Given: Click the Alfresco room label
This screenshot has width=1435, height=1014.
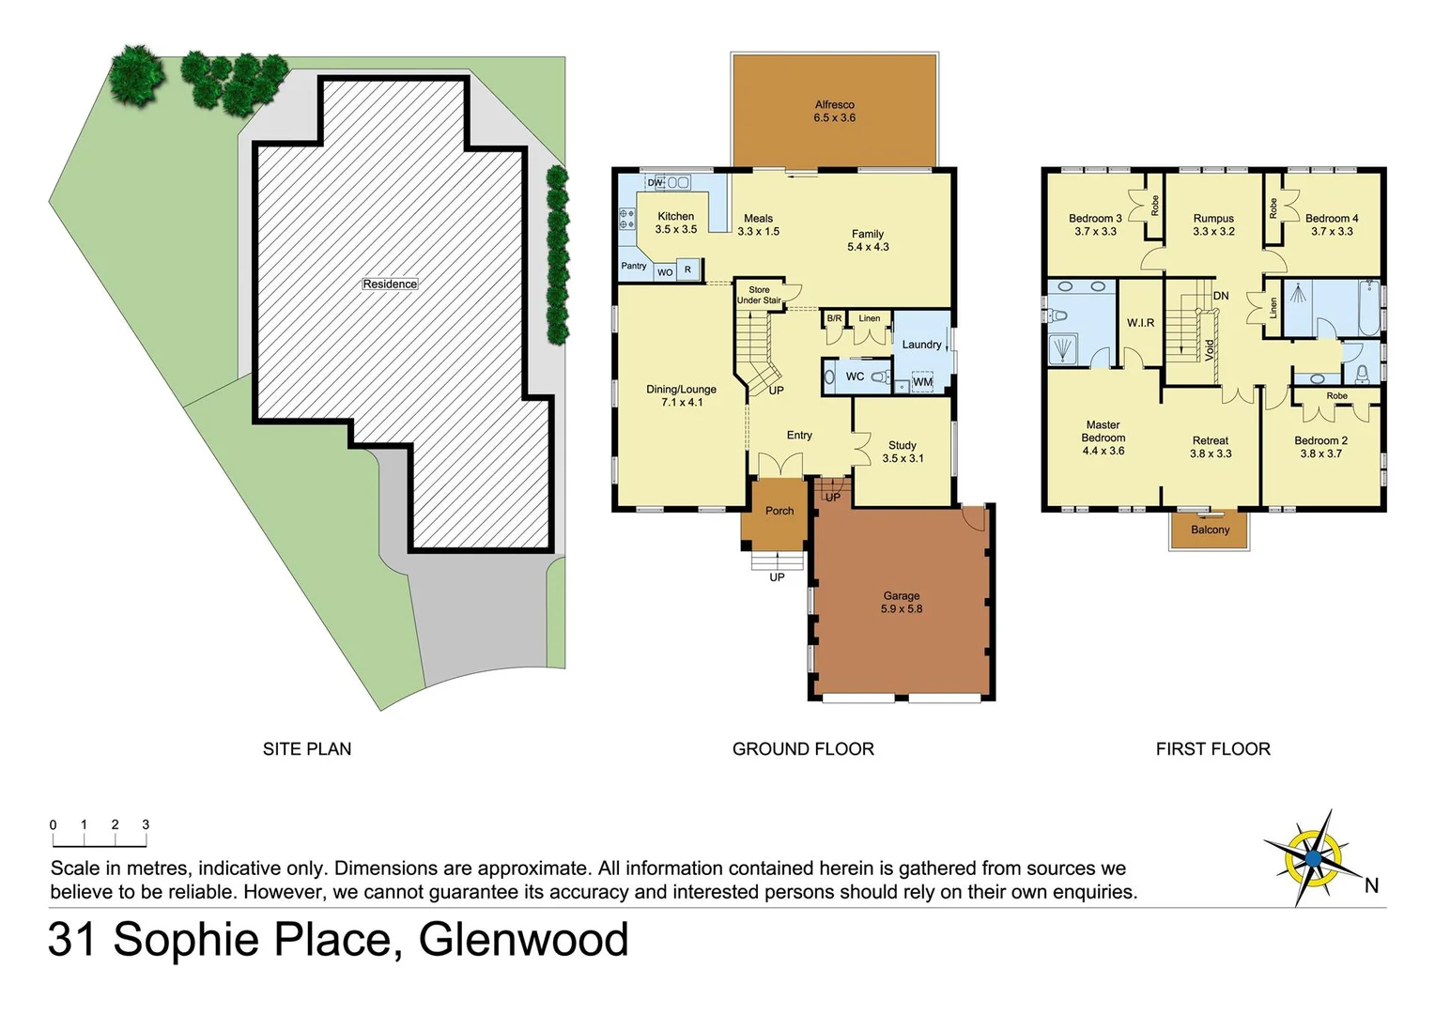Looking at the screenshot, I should click(834, 111).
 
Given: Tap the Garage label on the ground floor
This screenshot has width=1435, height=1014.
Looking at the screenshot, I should click(901, 602).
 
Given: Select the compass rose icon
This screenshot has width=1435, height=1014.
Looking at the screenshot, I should click(1313, 858).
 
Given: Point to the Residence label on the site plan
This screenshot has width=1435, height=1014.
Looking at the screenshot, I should click(390, 284).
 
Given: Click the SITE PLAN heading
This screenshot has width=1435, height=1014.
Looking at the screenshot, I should click(307, 748).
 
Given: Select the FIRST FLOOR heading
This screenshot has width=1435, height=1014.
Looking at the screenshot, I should click(1212, 748).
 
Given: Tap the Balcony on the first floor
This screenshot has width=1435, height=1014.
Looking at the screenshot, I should click(1210, 530).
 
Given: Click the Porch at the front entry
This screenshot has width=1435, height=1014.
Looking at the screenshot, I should click(779, 511).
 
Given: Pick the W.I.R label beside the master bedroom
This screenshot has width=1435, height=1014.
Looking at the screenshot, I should click(1140, 322).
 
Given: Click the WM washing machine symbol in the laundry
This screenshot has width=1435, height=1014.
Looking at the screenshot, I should click(922, 382).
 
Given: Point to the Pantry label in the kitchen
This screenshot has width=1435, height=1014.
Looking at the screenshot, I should click(634, 266).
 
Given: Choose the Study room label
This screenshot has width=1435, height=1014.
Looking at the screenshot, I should click(902, 452).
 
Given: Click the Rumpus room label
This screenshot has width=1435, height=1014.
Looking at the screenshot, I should click(1213, 224).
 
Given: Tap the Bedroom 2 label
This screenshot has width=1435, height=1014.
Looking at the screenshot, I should click(1320, 447).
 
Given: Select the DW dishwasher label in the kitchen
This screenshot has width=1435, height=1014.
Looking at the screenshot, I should click(655, 183).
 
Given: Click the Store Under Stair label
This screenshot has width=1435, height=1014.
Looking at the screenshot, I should click(759, 295).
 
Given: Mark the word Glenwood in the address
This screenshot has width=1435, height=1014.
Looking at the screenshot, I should click(523, 939).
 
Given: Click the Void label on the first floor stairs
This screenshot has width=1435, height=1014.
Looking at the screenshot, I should click(1210, 349).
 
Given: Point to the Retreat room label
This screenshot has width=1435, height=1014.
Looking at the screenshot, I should click(1210, 447).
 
